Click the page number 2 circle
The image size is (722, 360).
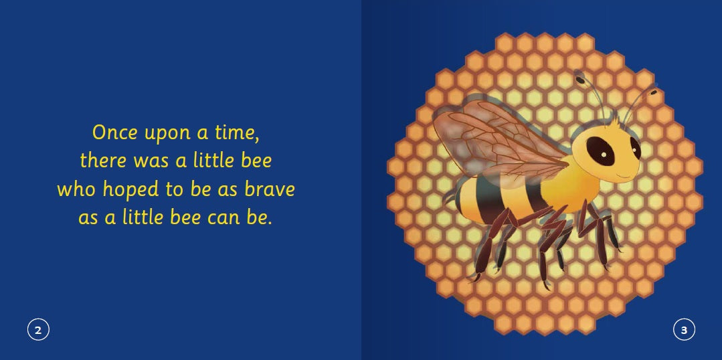[38, 329]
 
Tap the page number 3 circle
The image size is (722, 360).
[684, 329]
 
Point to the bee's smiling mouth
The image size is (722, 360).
[625, 177]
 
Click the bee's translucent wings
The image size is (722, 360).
[495, 137]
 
